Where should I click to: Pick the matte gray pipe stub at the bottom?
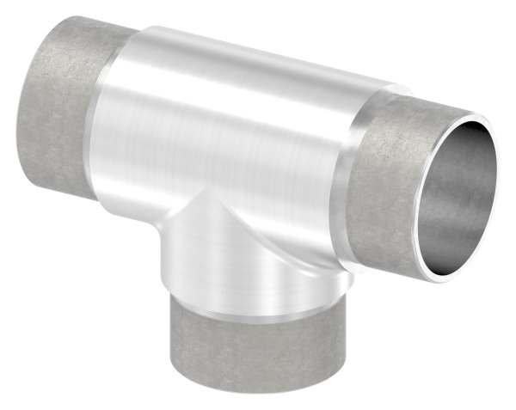pos(232,352)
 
